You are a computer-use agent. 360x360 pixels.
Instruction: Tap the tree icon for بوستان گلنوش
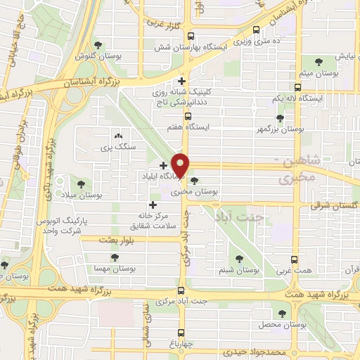point(106,44)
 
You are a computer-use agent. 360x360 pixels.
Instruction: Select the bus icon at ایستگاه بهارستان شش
point(192,39)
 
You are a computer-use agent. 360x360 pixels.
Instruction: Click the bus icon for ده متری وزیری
point(255,30)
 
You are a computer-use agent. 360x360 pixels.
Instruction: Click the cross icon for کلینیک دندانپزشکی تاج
point(182,82)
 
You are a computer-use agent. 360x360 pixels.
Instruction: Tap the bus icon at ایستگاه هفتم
point(188,117)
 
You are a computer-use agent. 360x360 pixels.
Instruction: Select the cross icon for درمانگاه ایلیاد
point(163,165)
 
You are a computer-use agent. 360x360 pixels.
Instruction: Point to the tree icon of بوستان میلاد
point(81,184)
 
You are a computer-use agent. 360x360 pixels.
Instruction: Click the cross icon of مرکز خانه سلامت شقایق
point(152,205)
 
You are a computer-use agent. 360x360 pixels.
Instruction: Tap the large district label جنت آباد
point(259,218)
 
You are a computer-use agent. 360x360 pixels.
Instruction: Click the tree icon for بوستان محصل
point(283,314)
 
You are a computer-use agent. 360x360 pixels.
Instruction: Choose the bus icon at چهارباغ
point(181,335)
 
